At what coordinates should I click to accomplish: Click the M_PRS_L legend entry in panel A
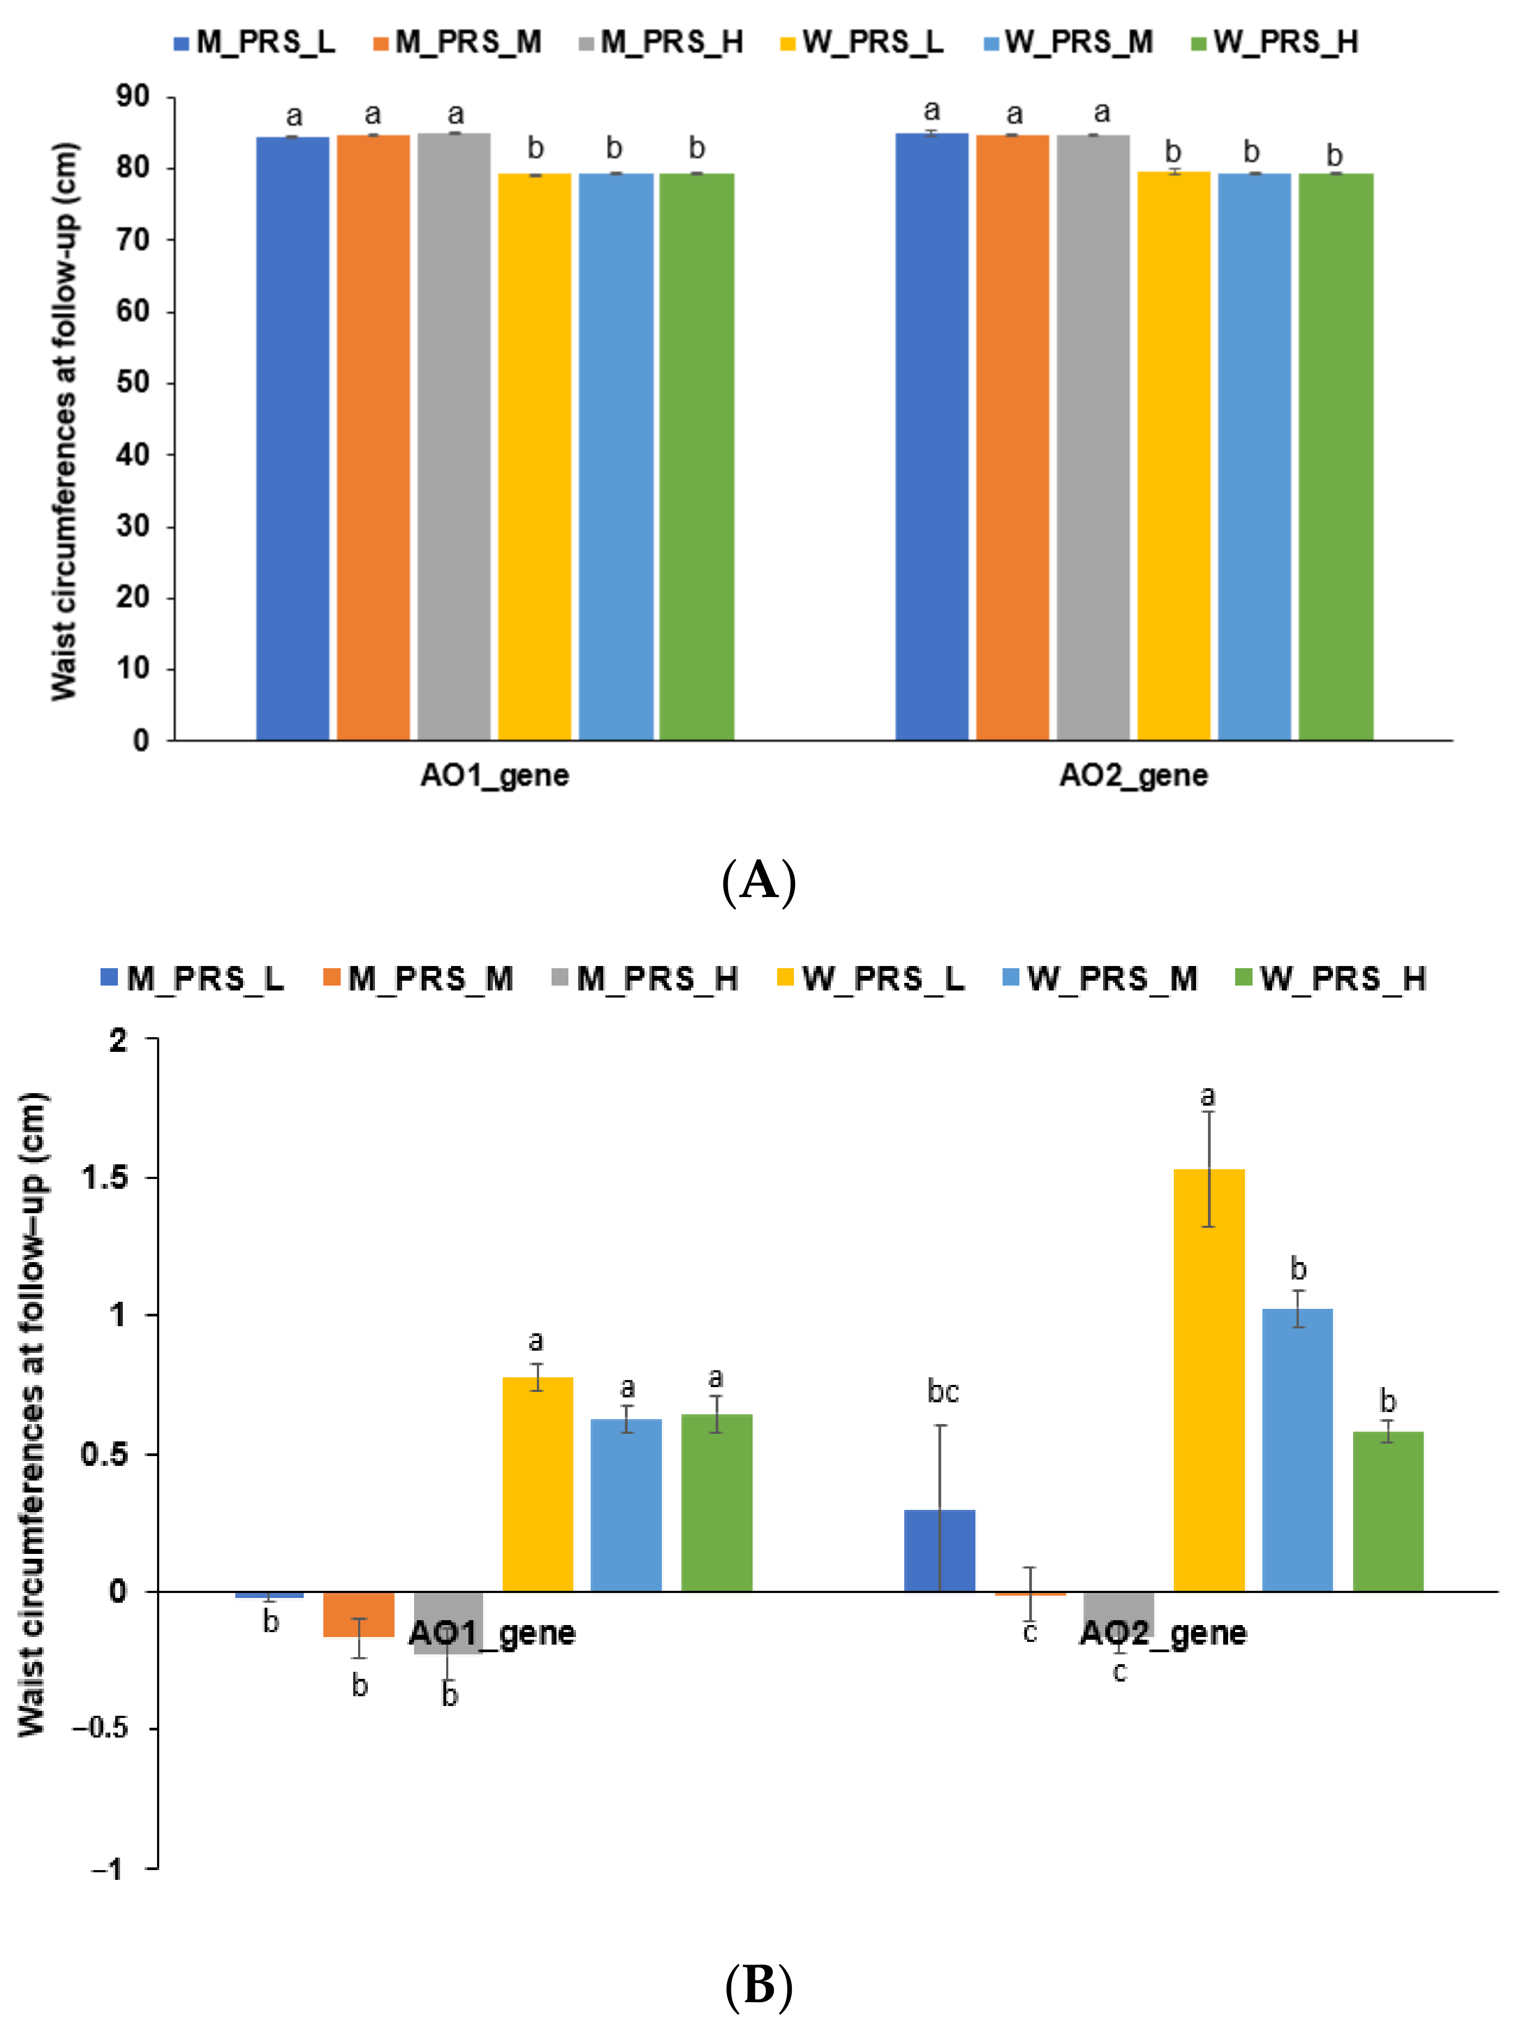[255, 42]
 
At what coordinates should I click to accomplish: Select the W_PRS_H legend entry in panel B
[1331, 979]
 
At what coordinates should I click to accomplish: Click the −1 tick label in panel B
[107, 1868]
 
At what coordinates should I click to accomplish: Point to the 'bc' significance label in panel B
[943, 1392]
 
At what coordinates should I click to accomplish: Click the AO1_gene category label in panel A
[494, 776]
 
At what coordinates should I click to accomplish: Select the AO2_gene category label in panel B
[1163, 1633]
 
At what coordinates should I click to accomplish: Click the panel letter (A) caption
[759, 881]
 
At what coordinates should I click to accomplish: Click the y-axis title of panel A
[64, 422]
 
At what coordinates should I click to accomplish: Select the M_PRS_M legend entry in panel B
[419, 979]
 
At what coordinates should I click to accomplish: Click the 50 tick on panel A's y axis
[133, 382]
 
